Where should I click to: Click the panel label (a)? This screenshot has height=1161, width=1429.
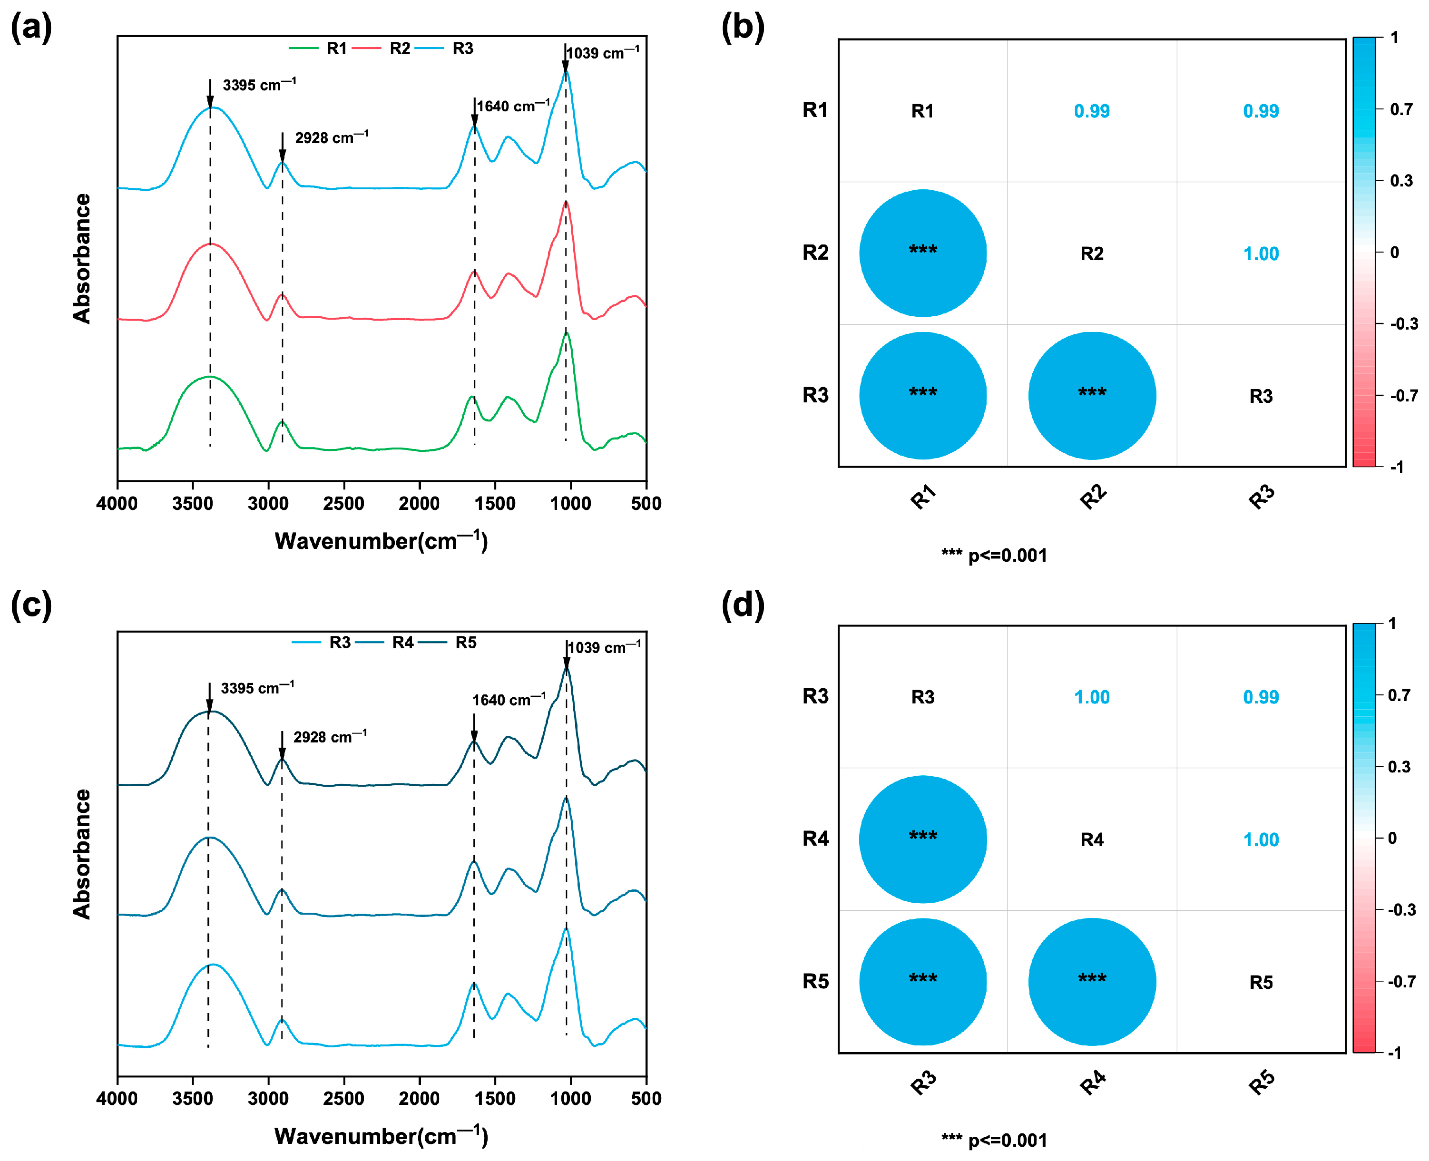pos(31,28)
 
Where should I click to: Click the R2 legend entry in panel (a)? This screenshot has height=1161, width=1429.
pos(399,48)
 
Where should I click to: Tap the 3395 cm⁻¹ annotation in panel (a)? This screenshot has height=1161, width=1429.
pos(259,85)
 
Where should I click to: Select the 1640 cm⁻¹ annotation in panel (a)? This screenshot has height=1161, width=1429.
pos(513,107)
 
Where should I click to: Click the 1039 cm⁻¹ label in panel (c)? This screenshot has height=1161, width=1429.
pos(604,647)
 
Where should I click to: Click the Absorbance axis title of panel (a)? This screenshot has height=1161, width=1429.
pos(81,259)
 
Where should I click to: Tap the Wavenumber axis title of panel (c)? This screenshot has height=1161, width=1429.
pos(381,1136)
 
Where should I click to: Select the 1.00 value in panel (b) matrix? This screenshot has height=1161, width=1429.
pos(1261,254)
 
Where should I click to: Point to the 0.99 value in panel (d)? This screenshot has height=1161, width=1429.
pos(1261,697)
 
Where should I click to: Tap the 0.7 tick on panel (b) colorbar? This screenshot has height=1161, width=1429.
pos(1401,109)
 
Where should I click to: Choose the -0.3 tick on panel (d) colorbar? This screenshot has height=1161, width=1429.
pos(1401,909)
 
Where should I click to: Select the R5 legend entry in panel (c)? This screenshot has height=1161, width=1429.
pos(465,643)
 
